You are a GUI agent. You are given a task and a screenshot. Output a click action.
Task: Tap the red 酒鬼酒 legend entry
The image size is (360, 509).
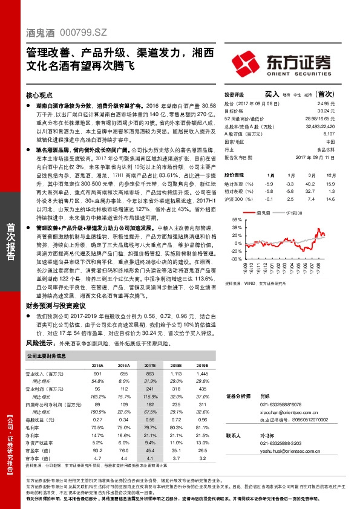click(x=263, y=214)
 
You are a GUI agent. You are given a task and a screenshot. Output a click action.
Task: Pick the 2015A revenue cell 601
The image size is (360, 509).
click(x=97, y=375)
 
